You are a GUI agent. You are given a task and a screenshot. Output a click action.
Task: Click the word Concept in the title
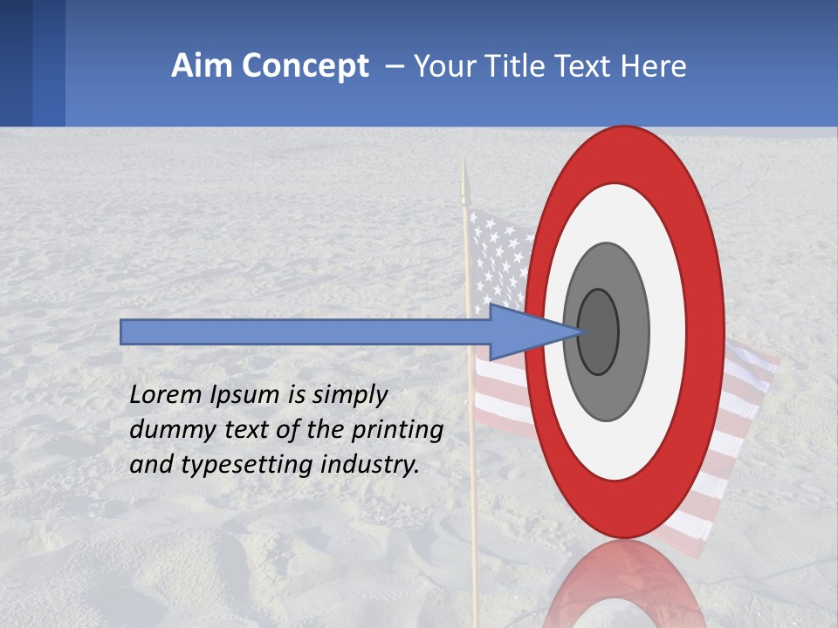click(x=305, y=66)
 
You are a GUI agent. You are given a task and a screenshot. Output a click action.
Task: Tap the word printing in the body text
click(x=397, y=430)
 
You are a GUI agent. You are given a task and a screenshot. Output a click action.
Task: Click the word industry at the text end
click(x=370, y=465)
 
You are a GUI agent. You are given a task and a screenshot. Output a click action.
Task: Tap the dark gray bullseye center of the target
click(x=598, y=331)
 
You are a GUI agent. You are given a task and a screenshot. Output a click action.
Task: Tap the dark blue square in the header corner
click(x=16, y=63)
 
